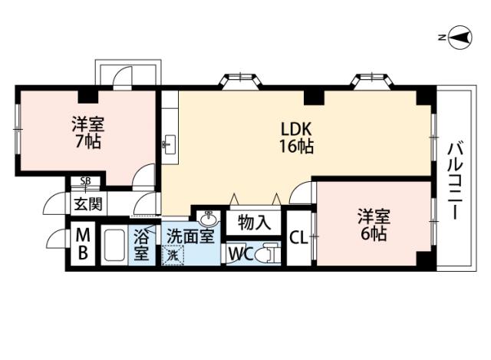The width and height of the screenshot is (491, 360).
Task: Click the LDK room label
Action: (x=295, y=128)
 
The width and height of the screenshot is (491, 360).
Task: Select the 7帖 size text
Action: (x=87, y=141)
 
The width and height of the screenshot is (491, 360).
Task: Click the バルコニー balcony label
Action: (x=454, y=180)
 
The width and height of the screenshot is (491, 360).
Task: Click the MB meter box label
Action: (x=84, y=243)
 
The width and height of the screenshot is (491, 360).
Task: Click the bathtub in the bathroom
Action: (x=115, y=246)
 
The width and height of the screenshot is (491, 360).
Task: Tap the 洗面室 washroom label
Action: (x=190, y=237)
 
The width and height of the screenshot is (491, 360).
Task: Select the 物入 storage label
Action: (x=253, y=223)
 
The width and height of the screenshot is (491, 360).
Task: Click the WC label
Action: (x=240, y=253)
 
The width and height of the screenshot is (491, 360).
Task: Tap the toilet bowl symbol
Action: (x=269, y=253)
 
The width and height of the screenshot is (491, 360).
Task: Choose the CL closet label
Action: (x=298, y=238)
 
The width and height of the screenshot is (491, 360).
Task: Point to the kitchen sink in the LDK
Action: (x=170, y=143)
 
